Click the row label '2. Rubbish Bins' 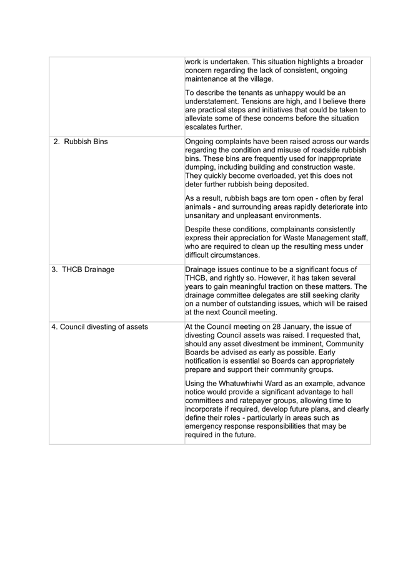coord(81,142)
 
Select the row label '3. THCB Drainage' coord(83,270)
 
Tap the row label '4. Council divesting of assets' coord(100,326)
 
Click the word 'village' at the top coord(277,79)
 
